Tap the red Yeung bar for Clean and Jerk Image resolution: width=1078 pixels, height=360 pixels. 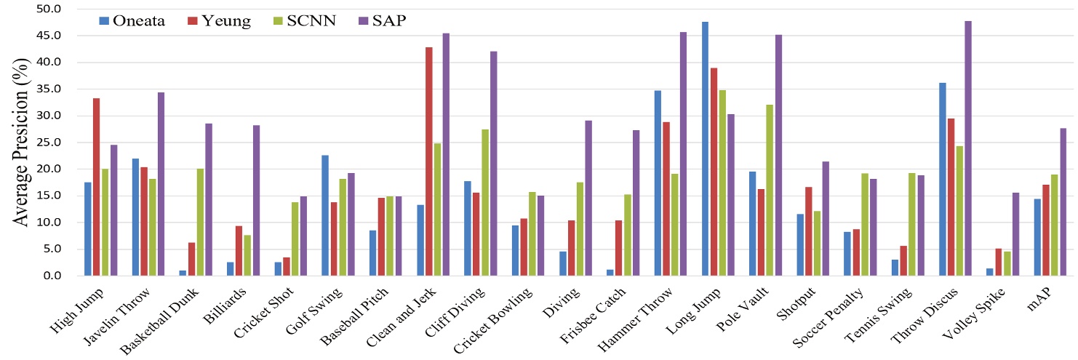click(x=429, y=161)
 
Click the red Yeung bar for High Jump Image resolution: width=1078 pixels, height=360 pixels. click(x=97, y=187)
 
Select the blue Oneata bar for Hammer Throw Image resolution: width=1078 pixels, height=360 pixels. click(x=658, y=183)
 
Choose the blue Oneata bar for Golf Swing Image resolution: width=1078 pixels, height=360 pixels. click(x=325, y=215)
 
